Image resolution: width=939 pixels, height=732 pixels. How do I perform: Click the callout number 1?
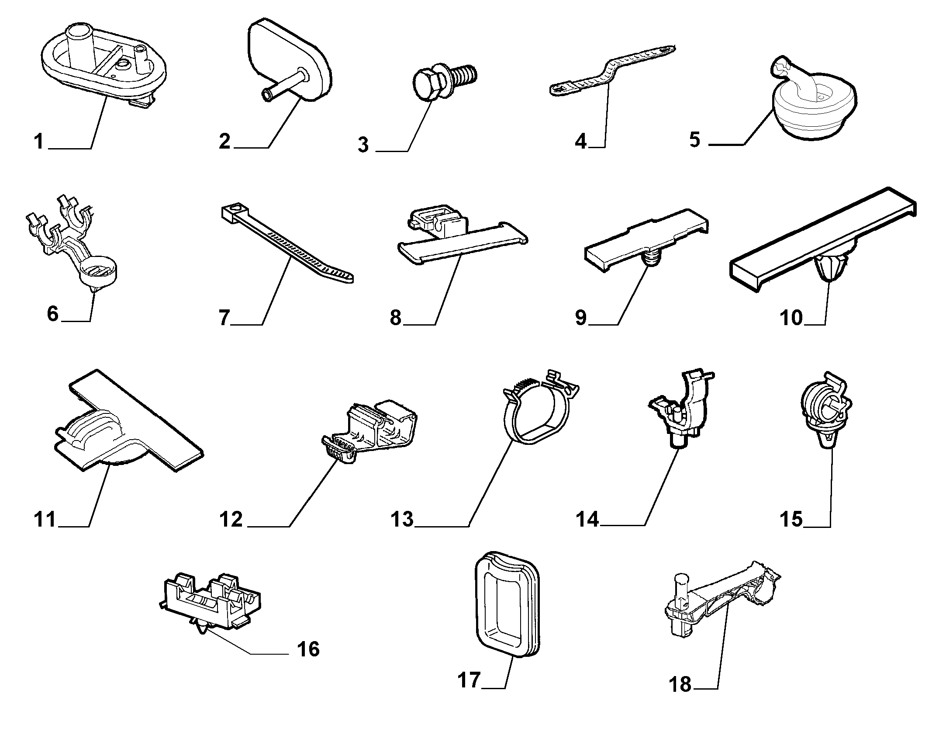point(40,142)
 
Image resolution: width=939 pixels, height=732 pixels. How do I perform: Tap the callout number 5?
point(695,139)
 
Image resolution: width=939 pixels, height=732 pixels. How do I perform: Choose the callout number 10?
point(791,318)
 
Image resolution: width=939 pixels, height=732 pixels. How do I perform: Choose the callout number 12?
point(231,520)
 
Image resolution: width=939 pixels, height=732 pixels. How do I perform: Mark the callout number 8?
point(396,318)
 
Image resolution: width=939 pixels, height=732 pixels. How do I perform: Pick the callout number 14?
point(587,520)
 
